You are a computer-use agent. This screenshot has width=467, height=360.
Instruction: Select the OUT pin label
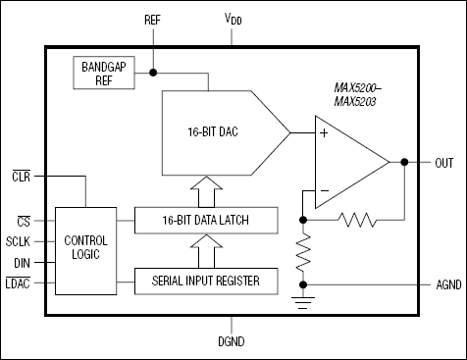(x=443, y=162)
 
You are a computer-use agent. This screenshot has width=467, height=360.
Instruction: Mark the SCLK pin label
(x=20, y=241)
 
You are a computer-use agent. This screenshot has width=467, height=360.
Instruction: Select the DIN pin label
(x=22, y=262)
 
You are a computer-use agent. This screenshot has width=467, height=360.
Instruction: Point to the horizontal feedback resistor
(x=358, y=220)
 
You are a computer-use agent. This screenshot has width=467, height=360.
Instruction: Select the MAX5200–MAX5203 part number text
(x=360, y=94)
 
